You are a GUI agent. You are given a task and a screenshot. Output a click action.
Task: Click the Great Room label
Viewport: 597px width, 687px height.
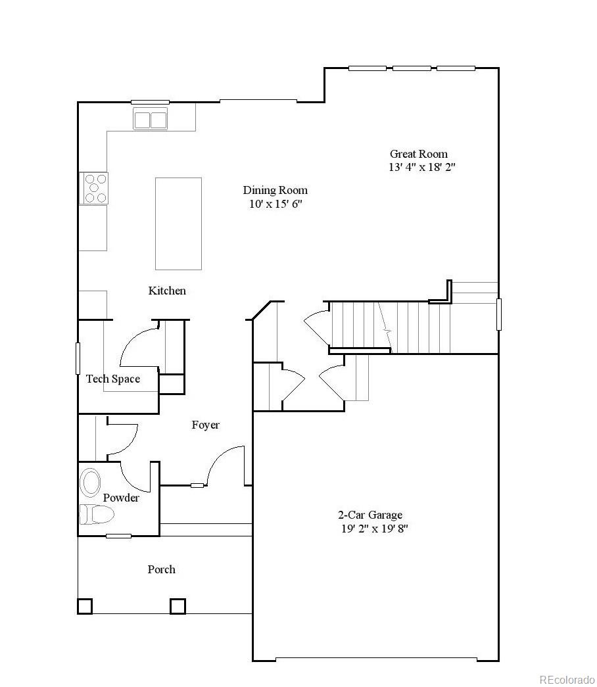pos(419,154)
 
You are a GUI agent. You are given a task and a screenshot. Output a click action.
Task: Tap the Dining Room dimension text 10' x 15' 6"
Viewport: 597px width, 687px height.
pos(275,204)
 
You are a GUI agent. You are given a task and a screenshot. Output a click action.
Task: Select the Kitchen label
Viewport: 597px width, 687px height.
pos(167,291)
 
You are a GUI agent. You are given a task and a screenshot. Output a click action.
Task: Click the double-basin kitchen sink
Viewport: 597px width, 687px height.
pos(151,119)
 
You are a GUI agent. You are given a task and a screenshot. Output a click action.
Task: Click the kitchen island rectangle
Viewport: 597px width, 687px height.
pos(178,224)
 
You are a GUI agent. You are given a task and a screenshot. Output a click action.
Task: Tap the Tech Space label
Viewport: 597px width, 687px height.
pos(113,379)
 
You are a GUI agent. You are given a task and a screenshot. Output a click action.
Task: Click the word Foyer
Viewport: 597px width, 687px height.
pos(206,425)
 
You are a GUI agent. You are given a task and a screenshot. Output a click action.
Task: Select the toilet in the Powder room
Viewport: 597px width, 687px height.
pos(97,514)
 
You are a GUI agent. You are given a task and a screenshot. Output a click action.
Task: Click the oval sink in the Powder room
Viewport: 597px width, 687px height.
pos(90,482)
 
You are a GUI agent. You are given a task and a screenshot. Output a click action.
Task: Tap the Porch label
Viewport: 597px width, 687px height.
pos(161,569)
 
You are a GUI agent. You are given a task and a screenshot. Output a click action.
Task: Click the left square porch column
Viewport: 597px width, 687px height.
pos(85,606)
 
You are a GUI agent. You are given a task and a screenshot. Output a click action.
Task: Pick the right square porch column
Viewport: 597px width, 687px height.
pos(178,606)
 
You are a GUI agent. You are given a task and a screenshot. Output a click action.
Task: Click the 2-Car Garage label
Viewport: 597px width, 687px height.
pos(370,515)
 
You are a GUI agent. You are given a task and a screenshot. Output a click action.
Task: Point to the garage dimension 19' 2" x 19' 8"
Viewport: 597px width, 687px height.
pos(374,529)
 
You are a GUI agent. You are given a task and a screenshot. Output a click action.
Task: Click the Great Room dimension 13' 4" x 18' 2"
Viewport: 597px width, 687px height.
pos(422,167)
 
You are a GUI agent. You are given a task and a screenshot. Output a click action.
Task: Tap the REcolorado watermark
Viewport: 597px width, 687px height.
pos(567,680)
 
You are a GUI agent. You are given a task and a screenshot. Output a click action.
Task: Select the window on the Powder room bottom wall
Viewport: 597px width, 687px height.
pos(118,536)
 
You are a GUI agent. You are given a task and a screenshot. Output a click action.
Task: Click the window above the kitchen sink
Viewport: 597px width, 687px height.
pos(150,102)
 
